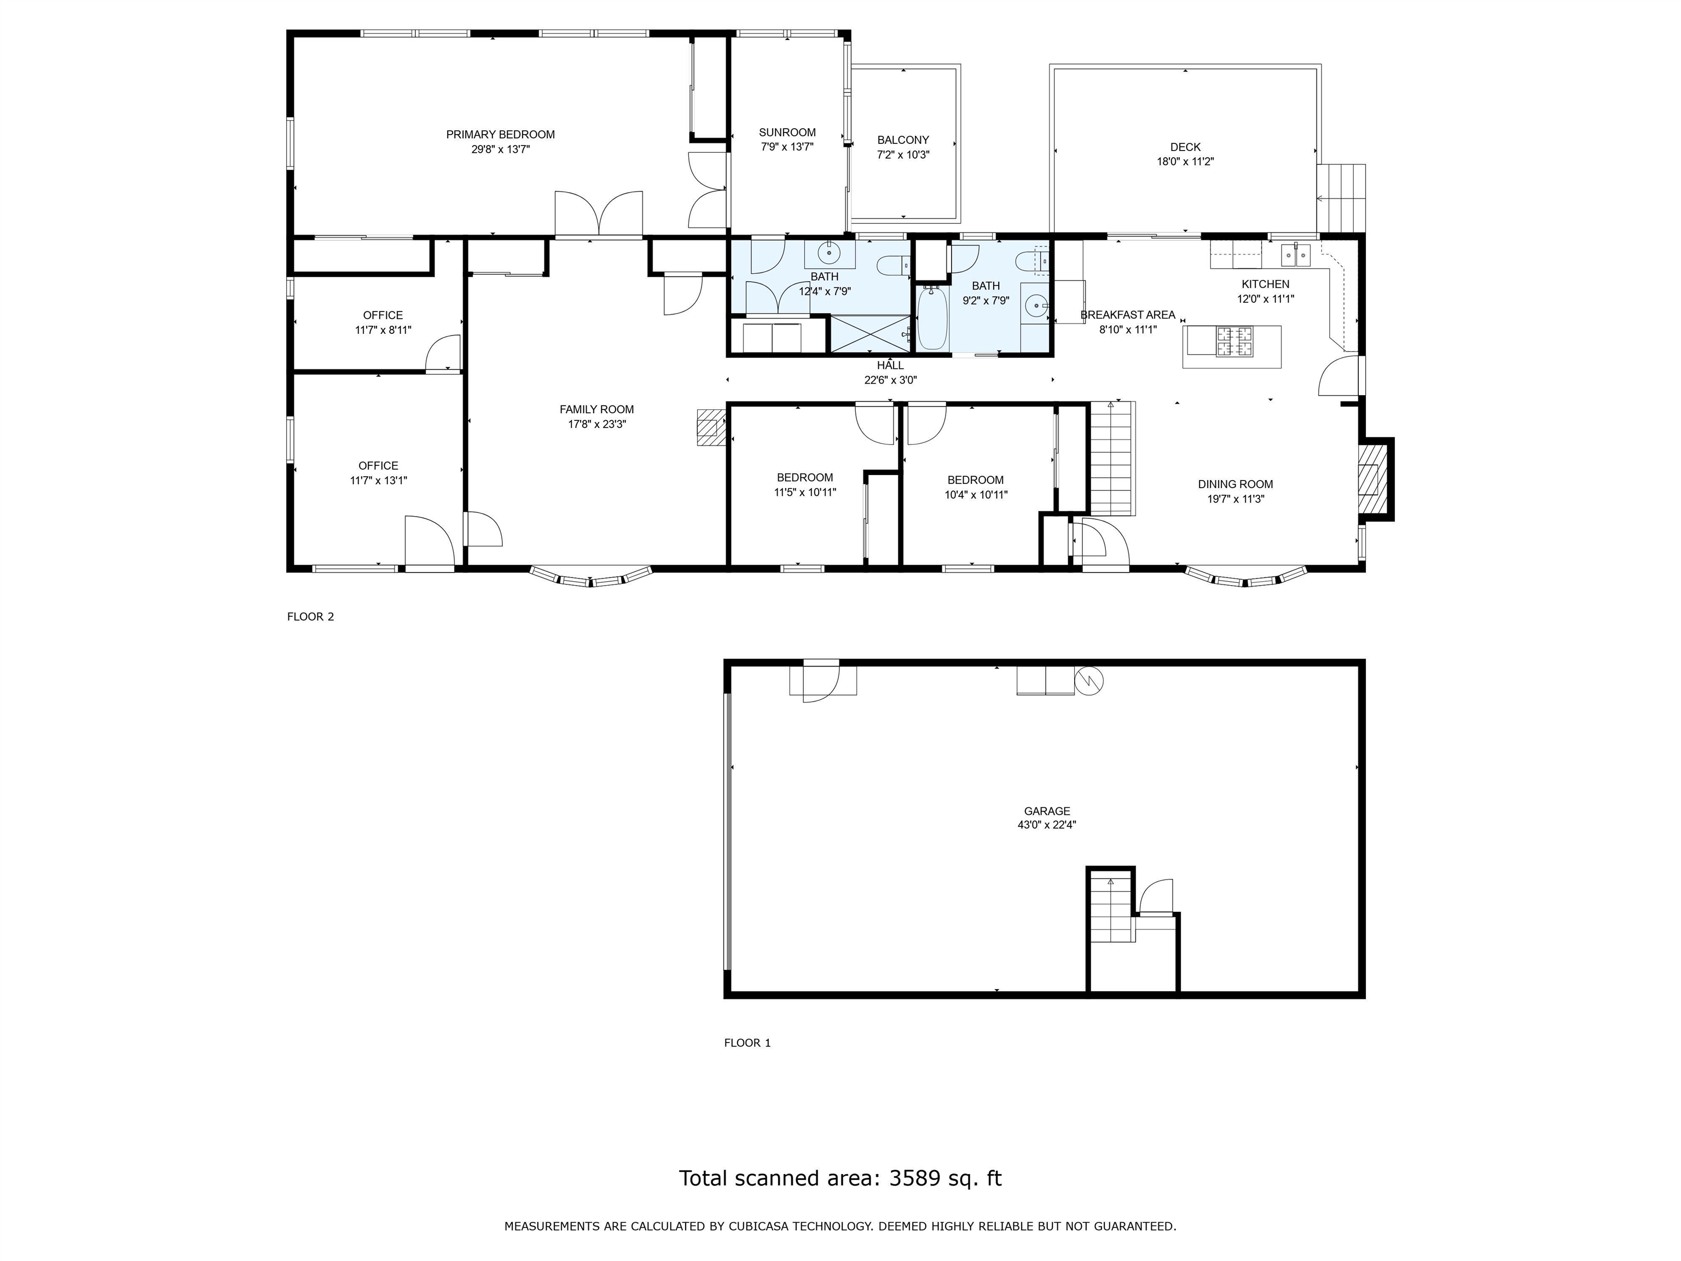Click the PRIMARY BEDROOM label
(500, 135)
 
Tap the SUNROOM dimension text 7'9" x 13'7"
(787, 147)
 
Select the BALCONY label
(903, 140)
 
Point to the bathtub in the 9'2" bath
(932, 318)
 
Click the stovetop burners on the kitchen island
(1234, 342)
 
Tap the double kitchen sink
(1296, 256)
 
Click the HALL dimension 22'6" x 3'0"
(891, 380)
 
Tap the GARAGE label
(1046, 811)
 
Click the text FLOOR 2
(311, 616)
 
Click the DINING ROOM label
(1235, 484)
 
